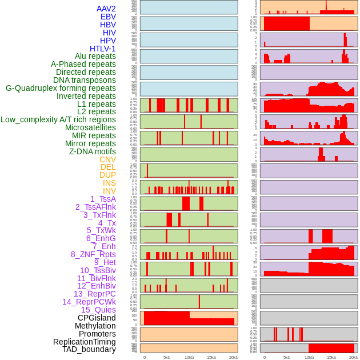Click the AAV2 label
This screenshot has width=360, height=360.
point(106,9)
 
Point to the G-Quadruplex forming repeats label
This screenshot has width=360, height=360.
point(61,88)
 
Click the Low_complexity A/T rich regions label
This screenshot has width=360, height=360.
point(58,119)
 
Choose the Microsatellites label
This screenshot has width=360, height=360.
point(90,127)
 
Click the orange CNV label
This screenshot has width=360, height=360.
point(107,159)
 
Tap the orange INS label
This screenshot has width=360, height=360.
point(109,183)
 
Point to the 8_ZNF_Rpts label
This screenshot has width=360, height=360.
point(93,254)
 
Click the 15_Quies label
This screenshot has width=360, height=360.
point(98,310)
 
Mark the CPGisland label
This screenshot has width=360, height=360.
point(97,318)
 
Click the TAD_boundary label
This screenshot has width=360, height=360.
point(89,349)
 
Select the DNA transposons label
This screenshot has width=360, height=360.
point(85,80)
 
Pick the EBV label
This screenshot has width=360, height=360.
point(108,17)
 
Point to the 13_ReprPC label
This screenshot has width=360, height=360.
point(94,294)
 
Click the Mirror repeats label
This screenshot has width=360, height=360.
point(90,143)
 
